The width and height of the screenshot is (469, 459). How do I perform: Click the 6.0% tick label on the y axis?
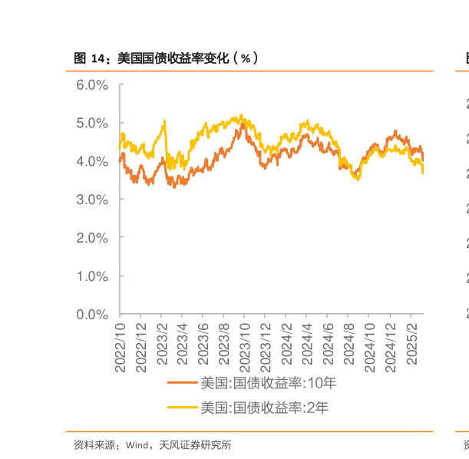(x=92, y=84)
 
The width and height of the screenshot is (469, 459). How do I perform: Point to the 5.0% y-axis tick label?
(x=92, y=123)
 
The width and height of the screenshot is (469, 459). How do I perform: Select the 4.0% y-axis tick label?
(x=92, y=161)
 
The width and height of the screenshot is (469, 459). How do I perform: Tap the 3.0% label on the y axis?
(x=92, y=200)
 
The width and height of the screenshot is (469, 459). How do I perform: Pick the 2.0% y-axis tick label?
(x=92, y=238)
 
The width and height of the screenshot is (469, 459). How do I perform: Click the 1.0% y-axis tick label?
(x=92, y=276)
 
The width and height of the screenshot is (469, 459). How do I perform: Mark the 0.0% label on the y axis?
(x=92, y=314)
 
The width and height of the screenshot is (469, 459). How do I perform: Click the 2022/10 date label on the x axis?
(x=121, y=347)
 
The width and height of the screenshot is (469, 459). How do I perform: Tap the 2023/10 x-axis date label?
(x=245, y=347)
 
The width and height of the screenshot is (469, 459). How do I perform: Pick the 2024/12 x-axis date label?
(x=390, y=347)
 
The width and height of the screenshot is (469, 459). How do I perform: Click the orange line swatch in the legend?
(x=183, y=383)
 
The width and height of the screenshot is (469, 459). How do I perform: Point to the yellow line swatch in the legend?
(x=183, y=408)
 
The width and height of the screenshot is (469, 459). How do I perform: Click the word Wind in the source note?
(x=137, y=444)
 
